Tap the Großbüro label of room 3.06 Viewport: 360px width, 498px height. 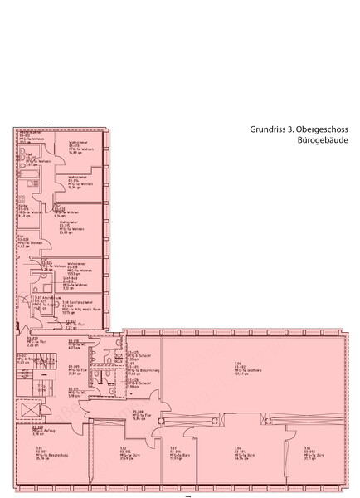click(x=242, y=369)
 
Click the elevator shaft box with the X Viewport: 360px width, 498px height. click(x=28, y=413)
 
